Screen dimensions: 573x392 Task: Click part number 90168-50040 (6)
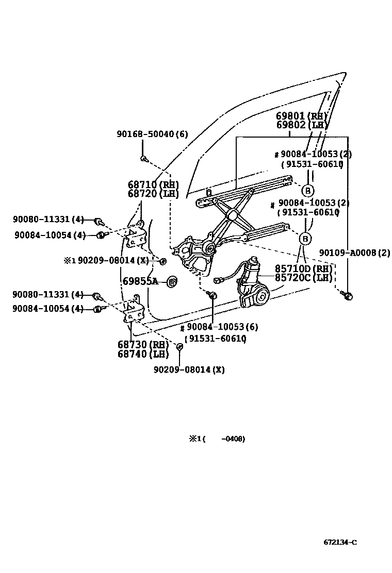click(x=152, y=134)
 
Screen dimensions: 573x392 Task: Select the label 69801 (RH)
click(x=302, y=116)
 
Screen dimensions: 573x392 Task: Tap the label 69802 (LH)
click(x=302, y=125)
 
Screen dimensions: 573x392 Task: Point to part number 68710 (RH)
click(x=153, y=184)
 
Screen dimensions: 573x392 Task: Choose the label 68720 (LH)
click(x=153, y=194)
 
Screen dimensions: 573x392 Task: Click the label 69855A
click(x=140, y=281)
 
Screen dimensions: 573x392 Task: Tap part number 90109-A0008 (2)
click(x=355, y=252)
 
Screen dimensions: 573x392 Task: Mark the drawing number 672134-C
click(x=340, y=542)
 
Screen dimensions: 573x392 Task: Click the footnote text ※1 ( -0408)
click(x=216, y=439)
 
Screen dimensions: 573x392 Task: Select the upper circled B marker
click(x=307, y=191)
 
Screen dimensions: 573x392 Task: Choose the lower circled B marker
click(x=305, y=239)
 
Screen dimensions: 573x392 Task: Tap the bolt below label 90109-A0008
click(x=348, y=296)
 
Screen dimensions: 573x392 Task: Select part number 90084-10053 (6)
click(x=222, y=327)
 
